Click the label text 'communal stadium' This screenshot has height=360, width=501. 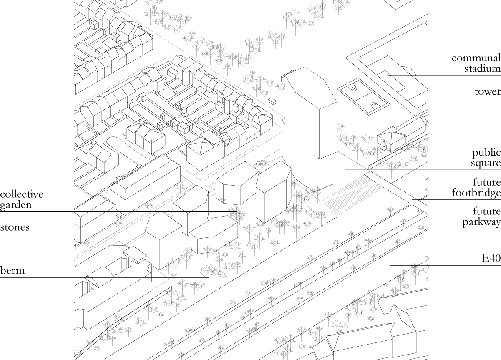coord(476,63)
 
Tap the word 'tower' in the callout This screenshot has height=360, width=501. coord(487,91)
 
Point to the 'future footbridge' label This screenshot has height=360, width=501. coord(476,188)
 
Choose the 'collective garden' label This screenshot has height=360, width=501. coord(21,199)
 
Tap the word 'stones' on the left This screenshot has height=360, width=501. coord(15,228)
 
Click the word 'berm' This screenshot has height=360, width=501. coord(13,270)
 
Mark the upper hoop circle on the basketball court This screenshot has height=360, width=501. coord(354,88)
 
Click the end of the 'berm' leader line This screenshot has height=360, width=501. coord(208,277)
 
